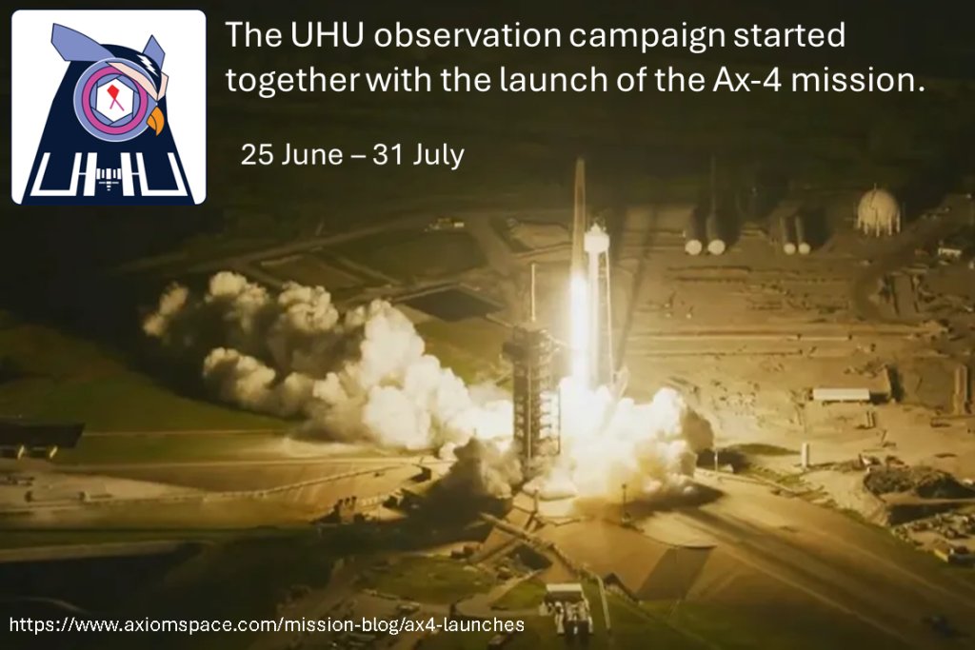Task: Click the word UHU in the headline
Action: (x=327, y=35)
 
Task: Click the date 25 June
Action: (x=291, y=155)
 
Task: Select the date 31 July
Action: (x=419, y=155)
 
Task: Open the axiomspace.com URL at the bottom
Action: (x=267, y=624)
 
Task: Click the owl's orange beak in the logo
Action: (x=155, y=121)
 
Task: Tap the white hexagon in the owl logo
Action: (x=114, y=98)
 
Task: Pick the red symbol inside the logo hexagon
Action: (x=114, y=98)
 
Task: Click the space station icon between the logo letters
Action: (x=109, y=178)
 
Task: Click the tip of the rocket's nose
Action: (x=580, y=160)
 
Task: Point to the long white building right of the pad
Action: (x=841, y=394)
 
